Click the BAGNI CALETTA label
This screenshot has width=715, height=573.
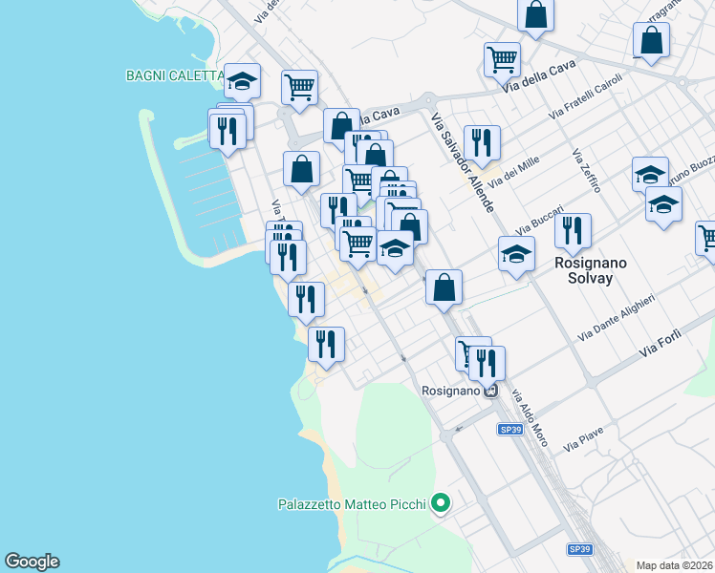(x=175, y=75)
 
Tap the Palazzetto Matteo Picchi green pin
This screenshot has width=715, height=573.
(x=441, y=502)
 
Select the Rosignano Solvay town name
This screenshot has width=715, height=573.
(x=583, y=269)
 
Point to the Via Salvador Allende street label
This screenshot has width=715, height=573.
(x=463, y=162)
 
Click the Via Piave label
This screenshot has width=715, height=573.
(x=583, y=439)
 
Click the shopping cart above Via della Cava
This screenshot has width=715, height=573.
(x=502, y=59)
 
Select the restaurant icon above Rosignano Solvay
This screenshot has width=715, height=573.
(x=573, y=230)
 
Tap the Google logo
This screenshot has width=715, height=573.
(x=32, y=562)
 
